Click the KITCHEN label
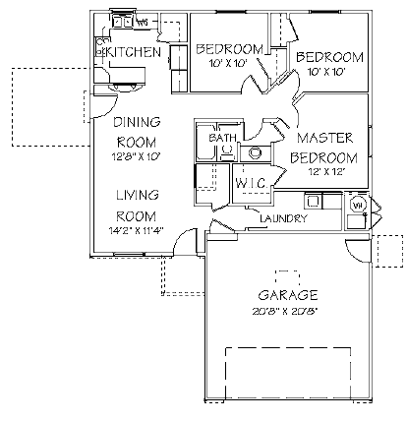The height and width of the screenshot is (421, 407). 133,51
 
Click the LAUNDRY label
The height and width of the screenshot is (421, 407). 285,218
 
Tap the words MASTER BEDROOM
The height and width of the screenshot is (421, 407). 325,149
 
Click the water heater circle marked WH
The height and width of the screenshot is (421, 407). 359,205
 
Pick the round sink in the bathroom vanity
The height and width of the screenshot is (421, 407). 255,152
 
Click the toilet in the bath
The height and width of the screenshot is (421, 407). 225,151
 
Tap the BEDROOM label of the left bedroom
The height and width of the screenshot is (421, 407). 229,49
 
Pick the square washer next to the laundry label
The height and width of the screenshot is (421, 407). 330,203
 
